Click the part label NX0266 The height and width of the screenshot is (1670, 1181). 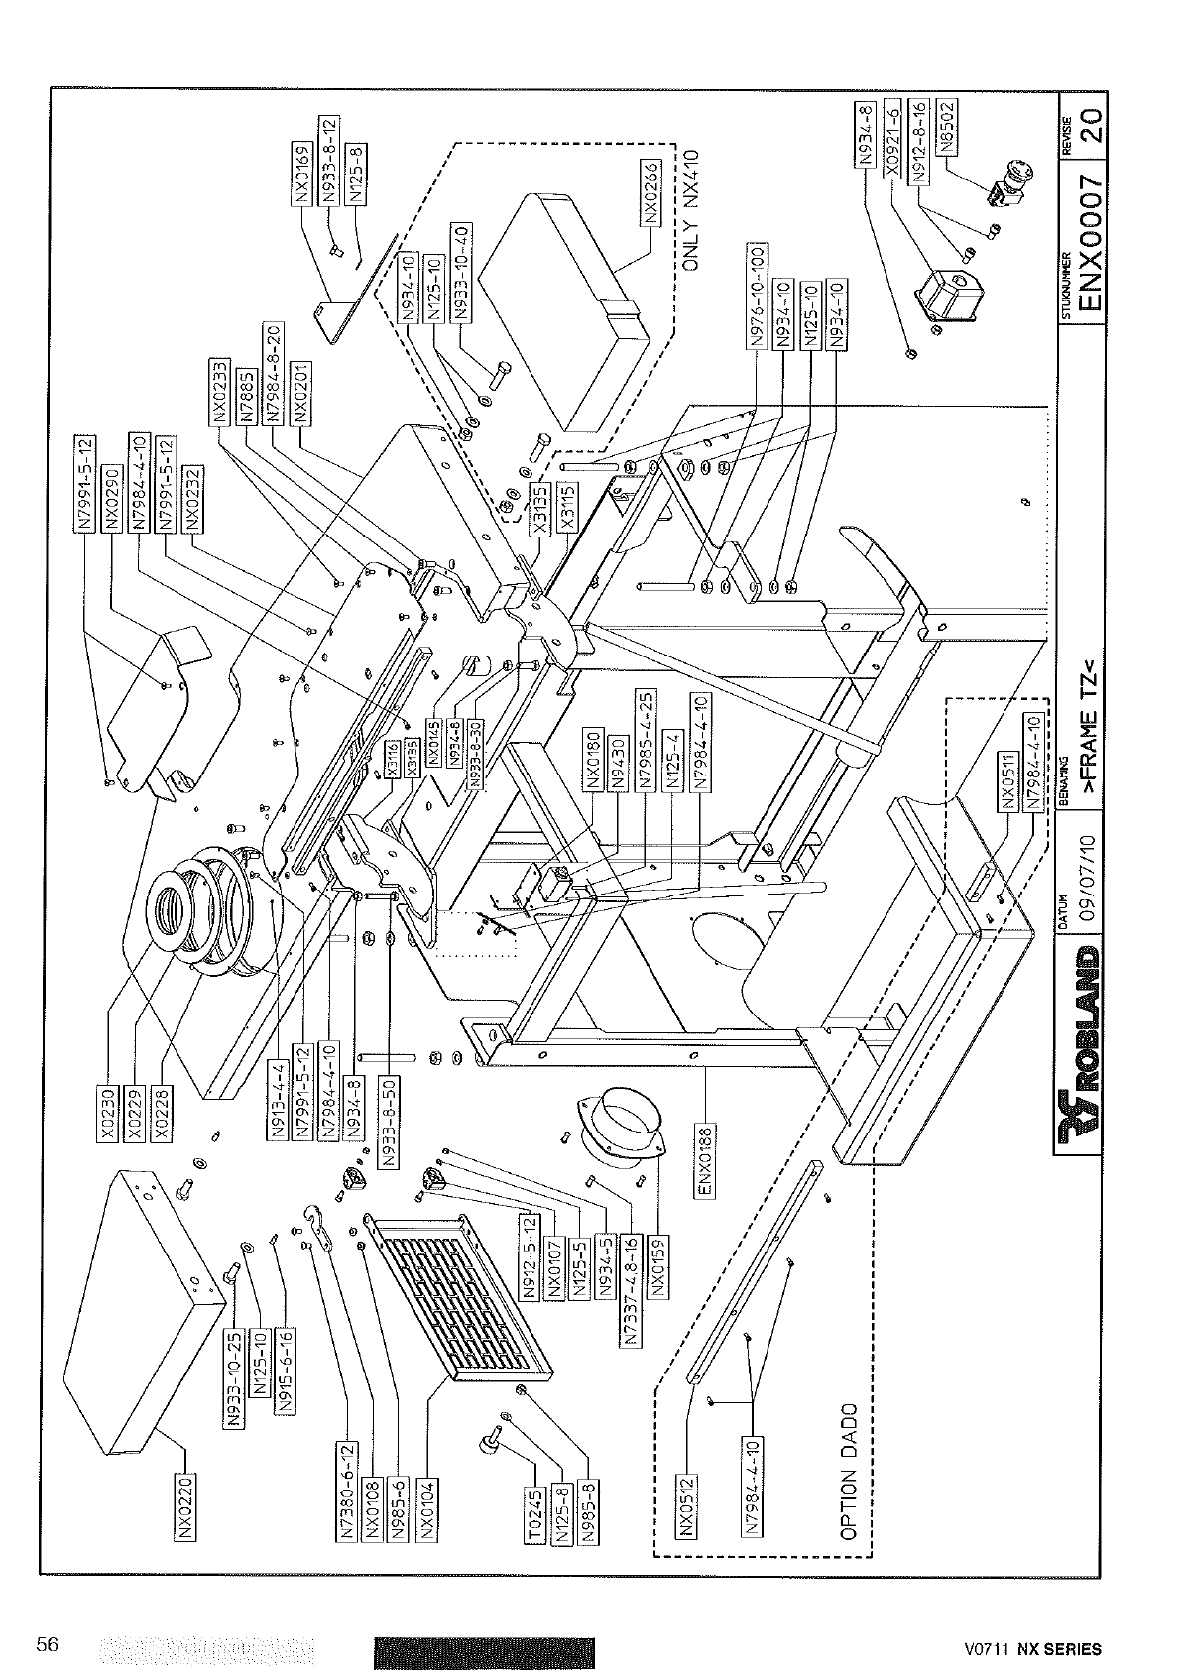650,192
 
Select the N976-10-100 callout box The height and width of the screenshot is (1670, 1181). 757,295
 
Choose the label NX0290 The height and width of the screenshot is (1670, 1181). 111,498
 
